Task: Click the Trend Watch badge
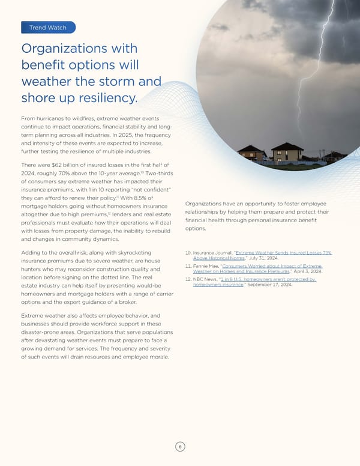point(47,27)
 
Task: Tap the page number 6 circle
point(179,446)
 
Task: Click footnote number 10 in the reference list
point(189,253)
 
